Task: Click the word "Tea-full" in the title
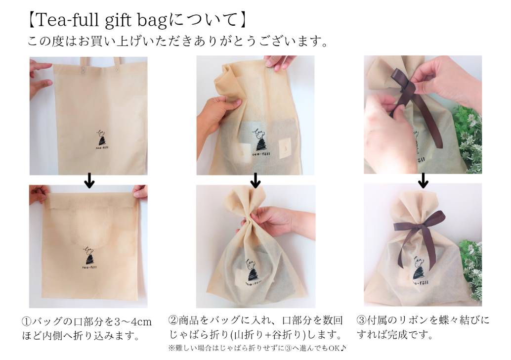click(67, 20)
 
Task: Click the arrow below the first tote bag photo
click(89, 181)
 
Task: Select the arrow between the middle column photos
click(256, 180)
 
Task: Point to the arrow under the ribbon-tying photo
click(423, 180)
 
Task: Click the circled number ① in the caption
click(27, 321)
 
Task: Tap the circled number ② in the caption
click(173, 320)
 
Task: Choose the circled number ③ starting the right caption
click(362, 320)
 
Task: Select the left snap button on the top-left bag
click(81, 69)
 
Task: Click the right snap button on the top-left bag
click(117, 69)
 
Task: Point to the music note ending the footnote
click(343, 348)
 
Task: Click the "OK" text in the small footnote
click(334, 349)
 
